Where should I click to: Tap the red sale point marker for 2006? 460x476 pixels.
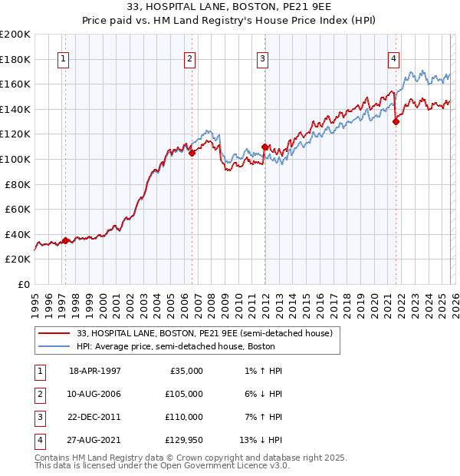coord(192,153)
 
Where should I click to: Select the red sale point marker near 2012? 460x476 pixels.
coord(264,147)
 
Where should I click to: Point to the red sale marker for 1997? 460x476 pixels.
coord(65,240)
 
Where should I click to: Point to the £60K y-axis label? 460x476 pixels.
coord(18,209)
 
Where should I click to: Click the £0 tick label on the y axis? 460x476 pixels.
coord(23,284)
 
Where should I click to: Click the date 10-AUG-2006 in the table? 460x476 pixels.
coord(95,393)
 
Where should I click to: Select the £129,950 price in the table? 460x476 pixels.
coord(184,440)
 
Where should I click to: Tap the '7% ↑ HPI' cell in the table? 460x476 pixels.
coord(261,417)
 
